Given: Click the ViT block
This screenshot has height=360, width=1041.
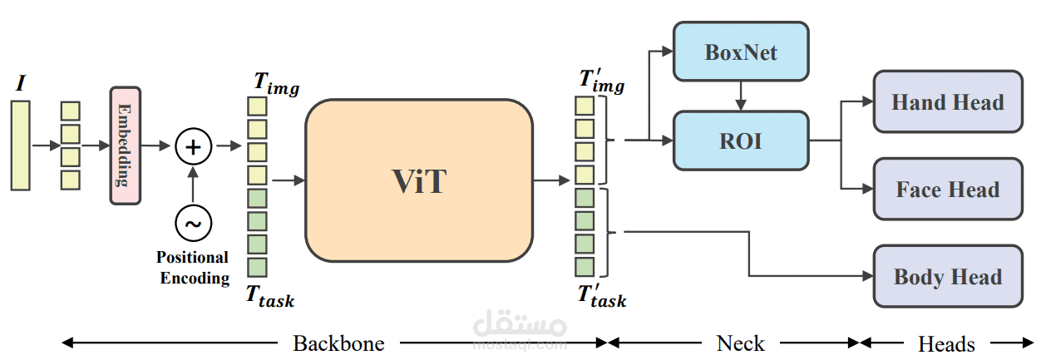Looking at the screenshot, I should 419,181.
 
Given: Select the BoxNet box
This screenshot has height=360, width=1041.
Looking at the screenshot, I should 740,52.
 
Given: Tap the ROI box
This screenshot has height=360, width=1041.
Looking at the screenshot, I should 740,141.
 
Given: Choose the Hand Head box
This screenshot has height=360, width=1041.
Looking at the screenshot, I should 947,102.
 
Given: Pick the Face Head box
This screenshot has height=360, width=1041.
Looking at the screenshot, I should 947,190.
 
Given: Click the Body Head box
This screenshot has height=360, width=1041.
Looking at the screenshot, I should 947,277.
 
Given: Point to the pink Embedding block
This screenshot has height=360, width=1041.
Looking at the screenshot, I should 125,145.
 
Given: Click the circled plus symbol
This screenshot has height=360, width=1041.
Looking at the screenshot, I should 193,147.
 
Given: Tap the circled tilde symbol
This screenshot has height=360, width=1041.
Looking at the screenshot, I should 193,223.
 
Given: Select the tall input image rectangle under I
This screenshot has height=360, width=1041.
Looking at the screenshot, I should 20,145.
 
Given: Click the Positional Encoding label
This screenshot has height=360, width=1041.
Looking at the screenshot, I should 192,268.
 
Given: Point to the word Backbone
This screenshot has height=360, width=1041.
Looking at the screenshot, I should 338,343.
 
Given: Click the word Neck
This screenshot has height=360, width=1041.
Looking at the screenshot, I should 740,343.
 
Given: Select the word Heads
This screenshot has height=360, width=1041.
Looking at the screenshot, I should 946,343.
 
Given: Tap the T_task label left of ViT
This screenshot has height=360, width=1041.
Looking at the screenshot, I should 269,296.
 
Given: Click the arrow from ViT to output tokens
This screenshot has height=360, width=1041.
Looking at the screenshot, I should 551,180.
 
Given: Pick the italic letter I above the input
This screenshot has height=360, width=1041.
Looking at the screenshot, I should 20,83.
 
